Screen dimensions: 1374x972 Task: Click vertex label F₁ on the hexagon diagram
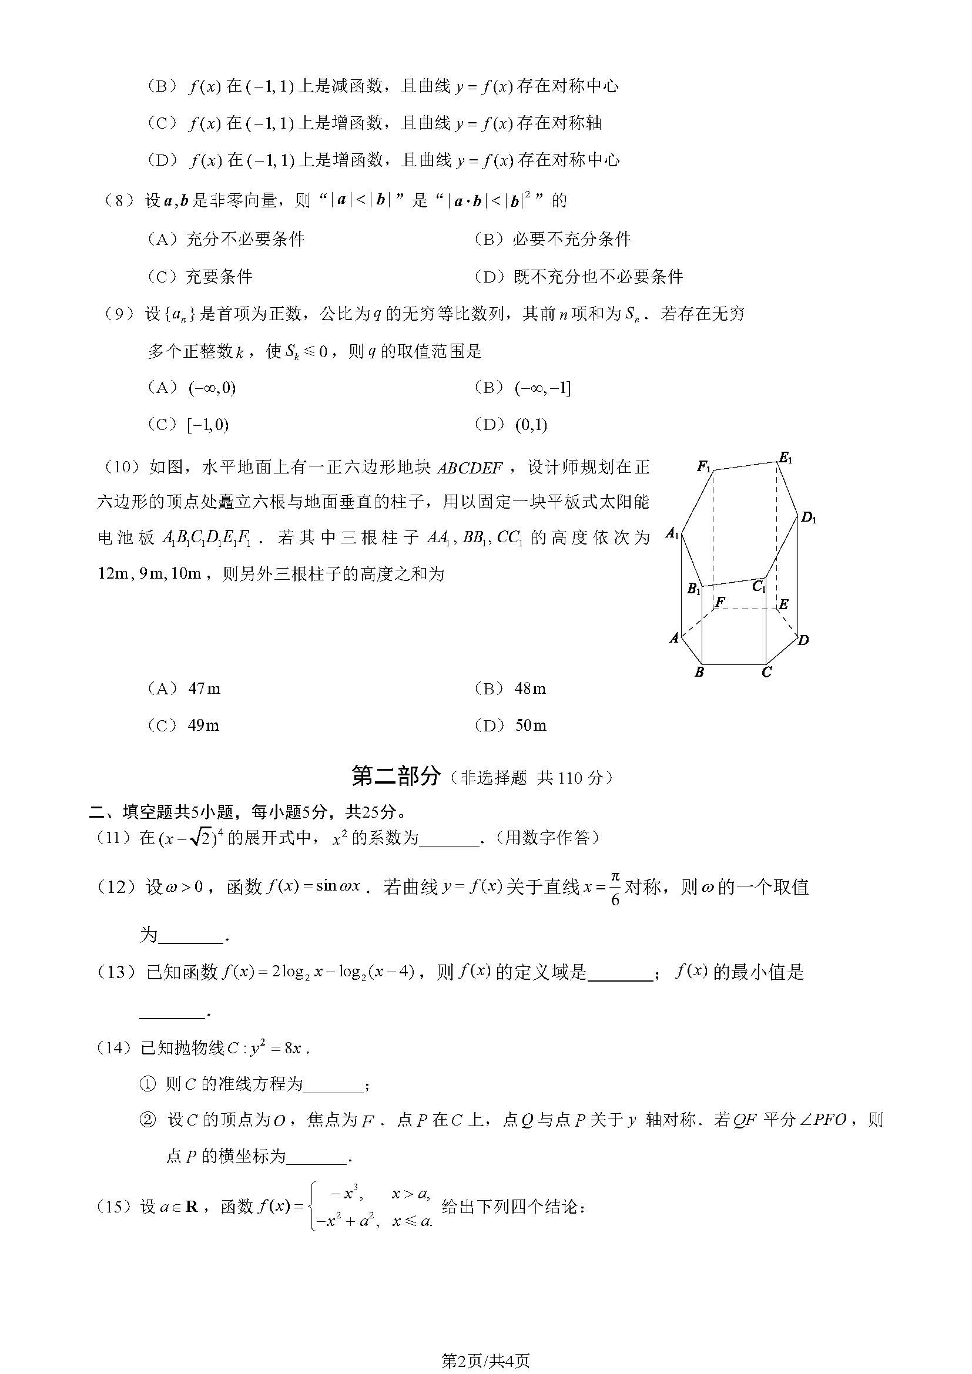click(703, 466)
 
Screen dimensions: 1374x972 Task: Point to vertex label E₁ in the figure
click(785, 459)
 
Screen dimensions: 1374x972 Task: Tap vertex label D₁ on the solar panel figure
click(809, 518)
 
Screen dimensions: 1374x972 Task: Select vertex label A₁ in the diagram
click(673, 533)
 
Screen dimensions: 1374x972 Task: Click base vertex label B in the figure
click(699, 672)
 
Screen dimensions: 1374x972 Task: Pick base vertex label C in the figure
click(767, 672)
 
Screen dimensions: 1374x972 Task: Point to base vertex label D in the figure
click(804, 640)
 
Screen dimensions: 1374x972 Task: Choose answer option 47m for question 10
click(204, 689)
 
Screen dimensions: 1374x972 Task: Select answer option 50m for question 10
click(530, 726)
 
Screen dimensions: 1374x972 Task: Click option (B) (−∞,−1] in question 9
click(542, 388)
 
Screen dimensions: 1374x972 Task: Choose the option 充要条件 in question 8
click(219, 277)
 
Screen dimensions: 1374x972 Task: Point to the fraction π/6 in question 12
click(615, 888)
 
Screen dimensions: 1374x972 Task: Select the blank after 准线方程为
click(333, 1085)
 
